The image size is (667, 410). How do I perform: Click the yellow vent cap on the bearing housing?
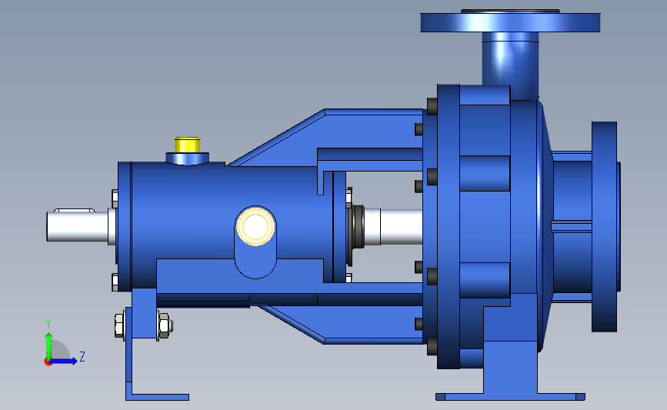pos(187,145)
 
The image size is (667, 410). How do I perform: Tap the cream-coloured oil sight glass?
pos(255,226)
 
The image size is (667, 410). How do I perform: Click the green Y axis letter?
pos(48,324)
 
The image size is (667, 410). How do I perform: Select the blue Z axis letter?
pos(82,356)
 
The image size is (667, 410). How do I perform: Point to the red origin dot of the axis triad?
pos(48,362)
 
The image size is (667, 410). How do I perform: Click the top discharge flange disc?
pos(510,22)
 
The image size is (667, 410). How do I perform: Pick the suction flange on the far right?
pos(605,227)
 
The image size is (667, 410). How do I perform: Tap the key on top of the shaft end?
pos(74,210)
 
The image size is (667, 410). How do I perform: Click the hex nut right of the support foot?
pos(165,326)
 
